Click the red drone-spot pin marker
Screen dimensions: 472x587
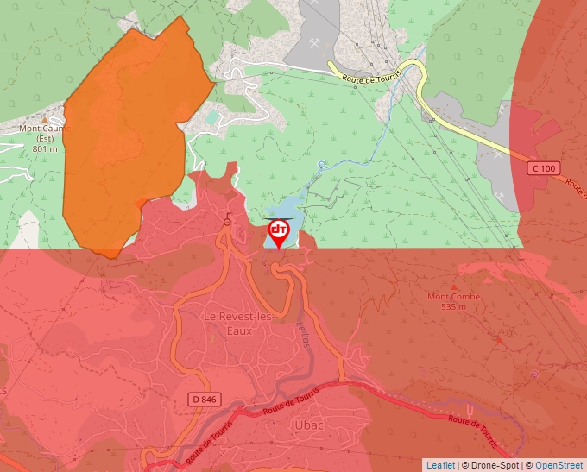279,232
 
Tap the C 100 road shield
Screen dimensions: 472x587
542,168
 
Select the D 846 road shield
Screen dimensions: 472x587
204,400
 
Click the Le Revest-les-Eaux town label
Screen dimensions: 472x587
240,323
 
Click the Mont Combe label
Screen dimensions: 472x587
454,297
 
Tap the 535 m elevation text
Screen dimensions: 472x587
454,307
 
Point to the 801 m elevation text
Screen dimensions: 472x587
45,148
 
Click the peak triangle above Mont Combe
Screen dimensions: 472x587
455,286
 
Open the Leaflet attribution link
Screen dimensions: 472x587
440,465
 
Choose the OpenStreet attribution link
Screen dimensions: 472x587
560,465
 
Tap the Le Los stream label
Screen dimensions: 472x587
303,333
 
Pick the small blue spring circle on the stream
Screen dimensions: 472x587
321,163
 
